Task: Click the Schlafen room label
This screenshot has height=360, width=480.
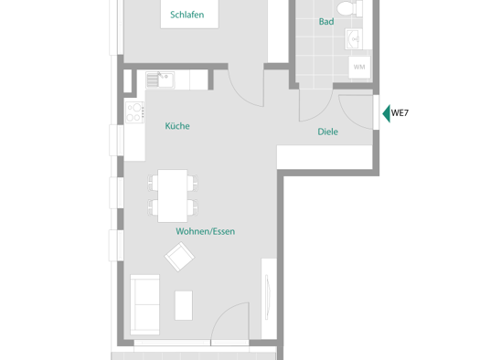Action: pyautogui.click(x=187, y=15)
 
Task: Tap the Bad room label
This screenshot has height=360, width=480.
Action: pyautogui.click(x=326, y=21)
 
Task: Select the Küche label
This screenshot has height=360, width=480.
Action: pyautogui.click(x=177, y=126)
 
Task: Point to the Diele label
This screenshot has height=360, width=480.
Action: pyautogui.click(x=328, y=132)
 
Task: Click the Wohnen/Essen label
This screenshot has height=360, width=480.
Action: pyautogui.click(x=206, y=231)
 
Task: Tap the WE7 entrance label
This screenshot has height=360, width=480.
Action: pyautogui.click(x=400, y=113)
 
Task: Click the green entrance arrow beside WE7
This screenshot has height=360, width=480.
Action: pyautogui.click(x=387, y=113)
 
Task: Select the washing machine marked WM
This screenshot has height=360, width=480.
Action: pyautogui.click(x=359, y=67)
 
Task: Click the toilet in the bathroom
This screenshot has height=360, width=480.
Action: pyautogui.click(x=349, y=8)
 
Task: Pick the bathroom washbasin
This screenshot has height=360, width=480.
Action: pyautogui.click(x=354, y=39)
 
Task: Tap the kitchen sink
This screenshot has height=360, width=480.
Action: pyautogui.click(x=160, y=80)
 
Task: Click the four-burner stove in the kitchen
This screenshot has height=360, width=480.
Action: pyautogui.click(x=134, y=112)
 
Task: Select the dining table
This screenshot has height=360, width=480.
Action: pyautogui.click(x=173, y=196)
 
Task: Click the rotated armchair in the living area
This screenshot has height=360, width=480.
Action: pyautogui.click(x=179, y=257)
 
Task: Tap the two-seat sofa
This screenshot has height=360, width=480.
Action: pyautogui.click(x=144, y=304)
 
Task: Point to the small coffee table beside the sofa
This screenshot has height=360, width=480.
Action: pyautogui.click(x=184, y=305)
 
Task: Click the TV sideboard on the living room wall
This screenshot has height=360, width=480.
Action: pyautogui.click(x=269, y=299)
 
